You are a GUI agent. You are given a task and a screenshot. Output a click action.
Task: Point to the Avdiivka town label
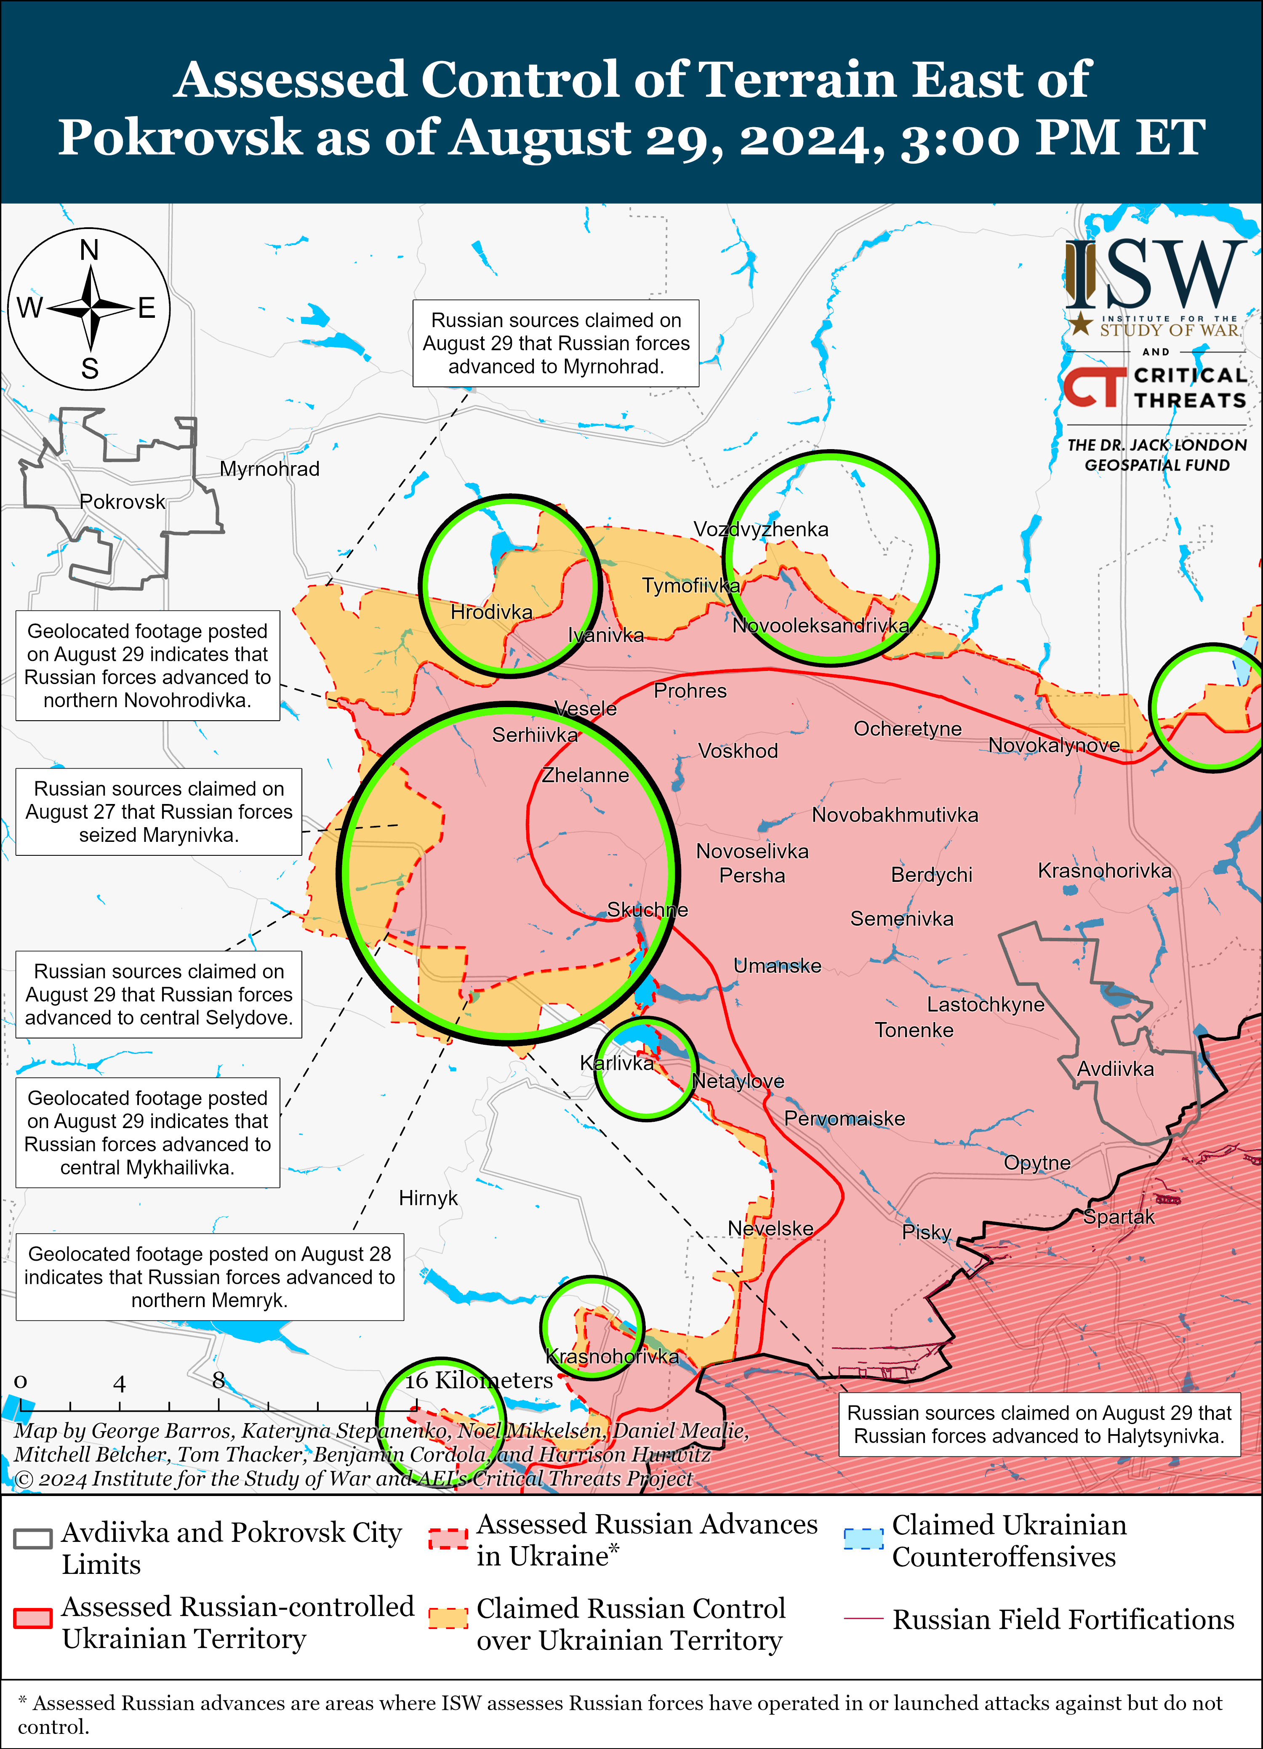click(1115, 1069)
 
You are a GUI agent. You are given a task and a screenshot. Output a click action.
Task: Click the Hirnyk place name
click(428, 1198)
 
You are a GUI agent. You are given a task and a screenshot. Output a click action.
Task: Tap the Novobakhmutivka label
click(895, 815)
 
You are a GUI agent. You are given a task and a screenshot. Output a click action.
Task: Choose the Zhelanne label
click(585, 775)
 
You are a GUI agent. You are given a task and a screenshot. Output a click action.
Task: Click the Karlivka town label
click(616, 1063)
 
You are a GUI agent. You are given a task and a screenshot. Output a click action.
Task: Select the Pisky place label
click(926, 1232)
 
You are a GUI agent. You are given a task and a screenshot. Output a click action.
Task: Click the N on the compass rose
click(89, 250)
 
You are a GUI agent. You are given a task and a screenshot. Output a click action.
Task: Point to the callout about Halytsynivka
click(1039, 1424)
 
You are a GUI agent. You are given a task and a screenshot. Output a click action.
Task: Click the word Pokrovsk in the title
click(180, 137)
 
